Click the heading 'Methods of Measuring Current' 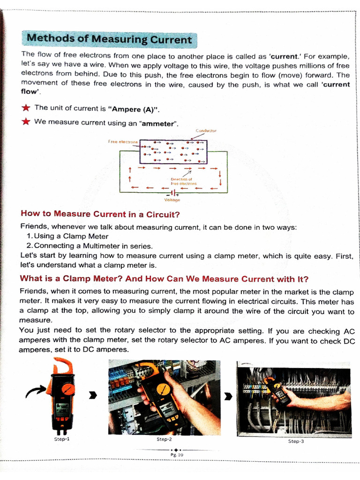[x=109, y=39]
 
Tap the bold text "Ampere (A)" [x=134, y=109]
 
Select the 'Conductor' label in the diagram [x=206, y=131]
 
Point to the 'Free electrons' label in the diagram [x=122, y=141]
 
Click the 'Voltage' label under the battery [x=172, y=200]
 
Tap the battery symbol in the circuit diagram [x=172, y=193]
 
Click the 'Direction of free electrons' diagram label [x=184, y=181]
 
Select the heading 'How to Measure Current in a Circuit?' [x=100, y=214]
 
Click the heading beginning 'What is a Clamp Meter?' [x=165, y=279]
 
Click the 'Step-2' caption [x=164, y=439]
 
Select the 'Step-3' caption [x=296, y=442]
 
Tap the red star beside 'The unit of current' [x=26, y=108]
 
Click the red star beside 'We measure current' [x=26, y=122]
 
